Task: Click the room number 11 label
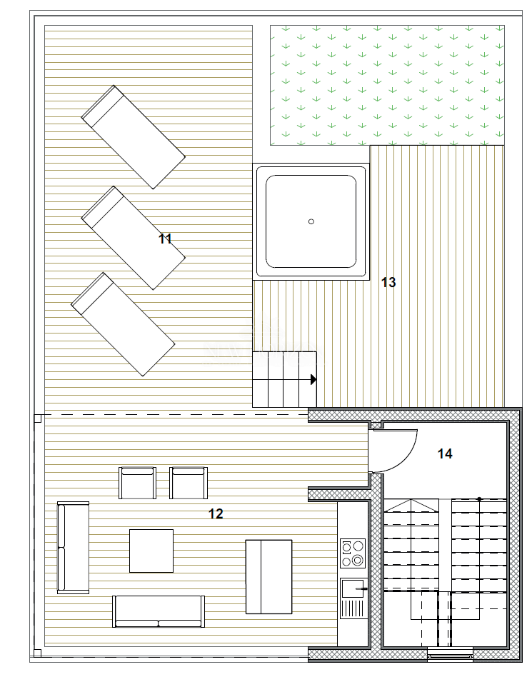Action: [x=165, y=239]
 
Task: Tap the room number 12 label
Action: [x=216, y=513]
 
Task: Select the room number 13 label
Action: [x=388, y=282]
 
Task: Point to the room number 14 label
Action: [x=445, y=453]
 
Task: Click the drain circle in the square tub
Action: [x=311, y=221]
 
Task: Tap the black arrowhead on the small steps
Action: [x=313, y=379]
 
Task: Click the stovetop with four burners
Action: [x=352, y=553]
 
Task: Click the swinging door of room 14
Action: [x=393, y=451]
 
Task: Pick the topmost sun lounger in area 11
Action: [x=134, y=137]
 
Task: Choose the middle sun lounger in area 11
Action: [x=134, y=238]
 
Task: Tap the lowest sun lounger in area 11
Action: [x=123, y=324]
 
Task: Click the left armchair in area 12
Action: [x=137, y=483]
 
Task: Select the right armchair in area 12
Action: [x=189, y=483]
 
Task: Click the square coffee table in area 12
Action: [x=151, y=551]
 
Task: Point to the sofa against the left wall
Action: [x=73, y=548]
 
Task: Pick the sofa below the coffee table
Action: [x=159, y=611]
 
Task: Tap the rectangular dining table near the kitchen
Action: [x=268, y=577]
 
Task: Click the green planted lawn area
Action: [x=387, y=85]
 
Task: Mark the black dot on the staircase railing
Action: [x=479, y=499]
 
